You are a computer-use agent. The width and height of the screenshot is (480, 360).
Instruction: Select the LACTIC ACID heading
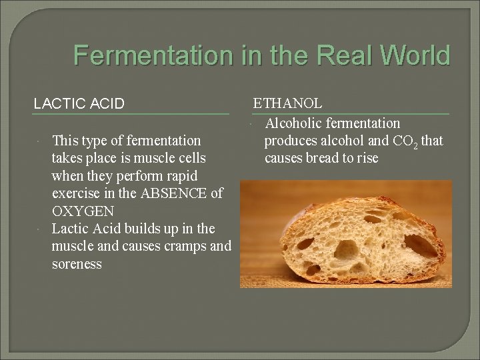click(79, 103)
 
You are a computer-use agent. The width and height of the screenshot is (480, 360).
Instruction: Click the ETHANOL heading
click(287, 103)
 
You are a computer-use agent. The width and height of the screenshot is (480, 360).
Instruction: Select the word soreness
click(77, 265)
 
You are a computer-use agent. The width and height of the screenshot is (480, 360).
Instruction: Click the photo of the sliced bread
click(345, 233)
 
